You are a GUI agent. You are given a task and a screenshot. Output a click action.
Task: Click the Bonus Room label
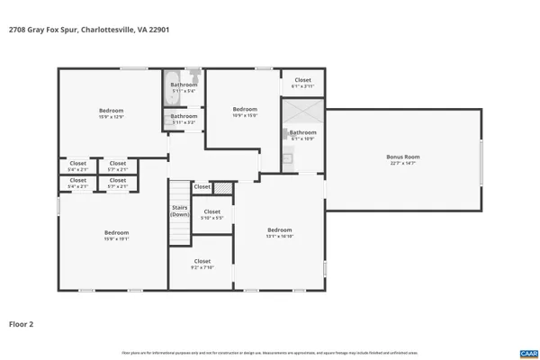404,157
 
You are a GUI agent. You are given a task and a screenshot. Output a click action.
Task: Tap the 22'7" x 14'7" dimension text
404,163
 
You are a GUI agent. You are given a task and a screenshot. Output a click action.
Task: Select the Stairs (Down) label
180,211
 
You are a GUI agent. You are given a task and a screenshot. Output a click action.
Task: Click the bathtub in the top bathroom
173,87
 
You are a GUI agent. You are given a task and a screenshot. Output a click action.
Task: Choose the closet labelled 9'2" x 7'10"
202,265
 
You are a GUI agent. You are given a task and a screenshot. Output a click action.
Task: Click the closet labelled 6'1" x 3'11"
302,82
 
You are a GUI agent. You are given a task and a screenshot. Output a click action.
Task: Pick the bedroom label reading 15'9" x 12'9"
112,113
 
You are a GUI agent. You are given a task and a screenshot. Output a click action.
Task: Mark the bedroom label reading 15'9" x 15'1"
116,236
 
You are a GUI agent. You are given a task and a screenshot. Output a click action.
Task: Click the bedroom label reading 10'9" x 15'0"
245,112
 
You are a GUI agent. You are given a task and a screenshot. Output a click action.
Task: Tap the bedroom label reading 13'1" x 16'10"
280,233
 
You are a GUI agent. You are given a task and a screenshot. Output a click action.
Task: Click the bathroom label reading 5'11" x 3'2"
184,119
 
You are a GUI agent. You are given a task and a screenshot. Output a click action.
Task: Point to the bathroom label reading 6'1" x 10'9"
302,135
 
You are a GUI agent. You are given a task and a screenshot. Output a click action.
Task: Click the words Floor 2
22,323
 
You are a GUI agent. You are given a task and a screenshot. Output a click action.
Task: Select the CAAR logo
526,353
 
